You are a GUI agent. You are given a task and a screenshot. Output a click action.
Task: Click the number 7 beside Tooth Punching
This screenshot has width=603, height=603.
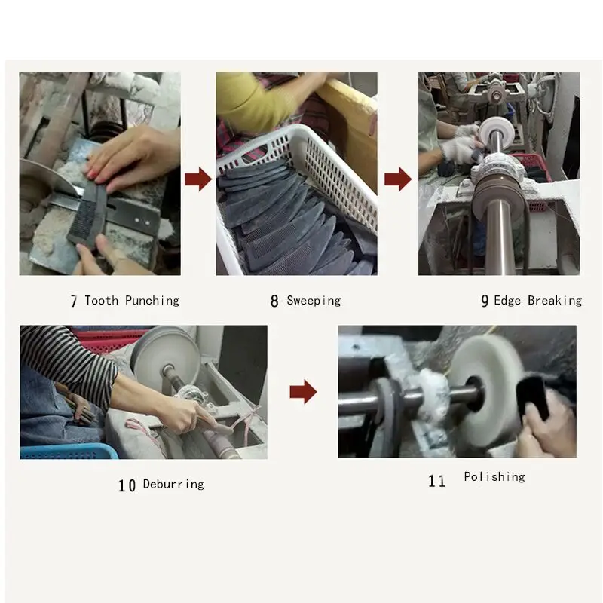point(74,301)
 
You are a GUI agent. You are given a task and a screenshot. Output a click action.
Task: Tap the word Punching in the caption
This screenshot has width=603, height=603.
point(152,301)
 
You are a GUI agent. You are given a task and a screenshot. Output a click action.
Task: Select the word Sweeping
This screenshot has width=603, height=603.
point(314,301)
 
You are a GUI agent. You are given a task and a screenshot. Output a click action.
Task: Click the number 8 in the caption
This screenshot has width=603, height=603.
point(274,301)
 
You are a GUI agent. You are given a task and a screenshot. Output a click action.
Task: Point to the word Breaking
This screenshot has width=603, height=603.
point(555,301)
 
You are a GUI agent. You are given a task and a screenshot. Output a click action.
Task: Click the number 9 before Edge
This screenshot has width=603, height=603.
point(485,301)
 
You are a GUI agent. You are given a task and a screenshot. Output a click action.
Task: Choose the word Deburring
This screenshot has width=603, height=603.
point(173,484)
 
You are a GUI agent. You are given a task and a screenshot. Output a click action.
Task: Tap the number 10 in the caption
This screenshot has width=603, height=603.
point(127,485)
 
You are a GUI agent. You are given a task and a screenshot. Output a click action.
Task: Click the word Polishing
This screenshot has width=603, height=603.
point(494,477)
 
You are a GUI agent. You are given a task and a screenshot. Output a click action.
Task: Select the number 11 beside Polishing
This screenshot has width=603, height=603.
point(437,481)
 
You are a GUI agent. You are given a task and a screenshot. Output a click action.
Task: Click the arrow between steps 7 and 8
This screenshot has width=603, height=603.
point(198,179)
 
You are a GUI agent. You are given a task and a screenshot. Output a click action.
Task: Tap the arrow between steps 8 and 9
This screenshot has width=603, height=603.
point(398,179)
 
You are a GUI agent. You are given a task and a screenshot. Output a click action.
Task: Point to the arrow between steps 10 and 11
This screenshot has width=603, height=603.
point(304,392)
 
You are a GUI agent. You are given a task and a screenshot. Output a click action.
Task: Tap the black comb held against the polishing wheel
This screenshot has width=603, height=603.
point(533,399)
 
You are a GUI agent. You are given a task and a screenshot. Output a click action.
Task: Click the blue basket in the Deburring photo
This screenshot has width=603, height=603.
point(69,451)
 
